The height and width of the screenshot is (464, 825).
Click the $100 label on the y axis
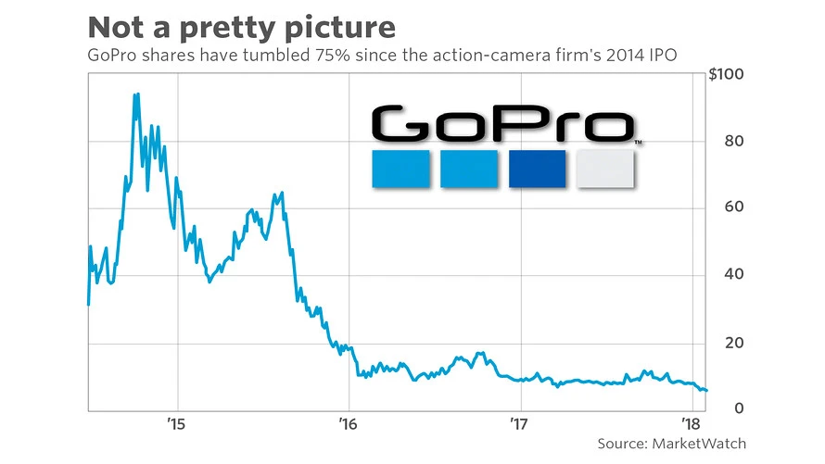(728, 75)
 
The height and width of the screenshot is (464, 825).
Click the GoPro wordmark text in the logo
(501, 125)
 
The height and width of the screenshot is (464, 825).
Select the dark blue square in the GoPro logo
(538, 168)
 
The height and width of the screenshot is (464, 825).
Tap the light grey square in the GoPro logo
(605, 168)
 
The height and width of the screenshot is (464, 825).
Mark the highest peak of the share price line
(136, 94)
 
